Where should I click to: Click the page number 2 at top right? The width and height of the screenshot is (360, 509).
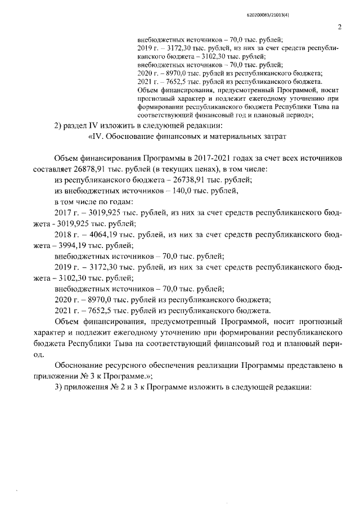point(339,27)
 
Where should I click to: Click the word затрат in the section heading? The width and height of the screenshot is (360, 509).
point(273,136)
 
